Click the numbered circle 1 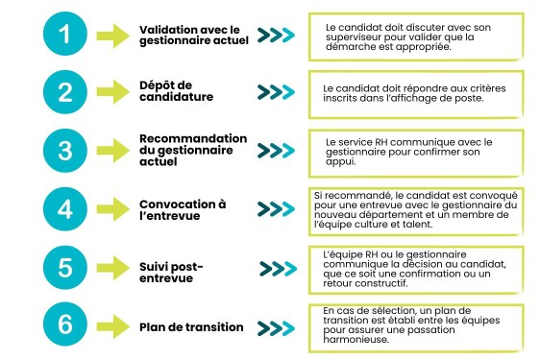pos(63,36)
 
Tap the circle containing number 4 pos(63,209)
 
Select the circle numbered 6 pos(63,325)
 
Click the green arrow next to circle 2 pos(113,93)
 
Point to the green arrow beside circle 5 pos(113,267)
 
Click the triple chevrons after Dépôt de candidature pos(276,92)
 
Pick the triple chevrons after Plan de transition pos(276,326)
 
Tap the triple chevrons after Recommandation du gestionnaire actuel pos(276,152)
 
